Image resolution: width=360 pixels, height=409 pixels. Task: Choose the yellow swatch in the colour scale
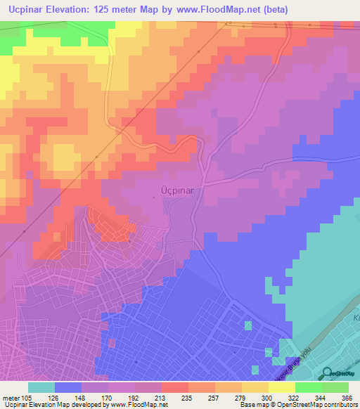255,387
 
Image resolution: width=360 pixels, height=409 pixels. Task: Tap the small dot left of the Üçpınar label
154,197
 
